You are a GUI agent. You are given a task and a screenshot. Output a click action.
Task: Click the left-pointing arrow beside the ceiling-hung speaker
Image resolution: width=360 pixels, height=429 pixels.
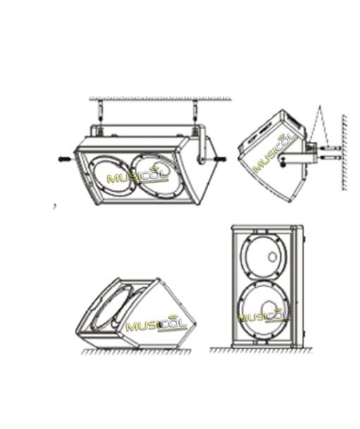click(65, 159)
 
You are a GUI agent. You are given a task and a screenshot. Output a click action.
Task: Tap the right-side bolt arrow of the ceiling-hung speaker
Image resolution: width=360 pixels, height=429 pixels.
click(222, 159)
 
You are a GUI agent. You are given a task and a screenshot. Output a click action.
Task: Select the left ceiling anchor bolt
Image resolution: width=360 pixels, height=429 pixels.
click(100, 111)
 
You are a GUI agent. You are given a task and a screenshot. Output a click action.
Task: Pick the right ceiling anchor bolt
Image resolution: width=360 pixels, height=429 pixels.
click(196, 111)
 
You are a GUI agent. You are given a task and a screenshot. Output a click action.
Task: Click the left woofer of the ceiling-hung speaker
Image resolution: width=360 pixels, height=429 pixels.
click(112, 176)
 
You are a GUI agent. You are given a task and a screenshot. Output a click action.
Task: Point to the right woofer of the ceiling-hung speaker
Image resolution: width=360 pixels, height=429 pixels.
click(156, 176)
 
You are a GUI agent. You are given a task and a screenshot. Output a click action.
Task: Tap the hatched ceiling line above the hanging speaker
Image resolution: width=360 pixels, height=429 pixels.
click(160, 99)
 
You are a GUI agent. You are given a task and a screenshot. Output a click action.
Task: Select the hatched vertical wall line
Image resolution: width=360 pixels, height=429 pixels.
click(344, 152)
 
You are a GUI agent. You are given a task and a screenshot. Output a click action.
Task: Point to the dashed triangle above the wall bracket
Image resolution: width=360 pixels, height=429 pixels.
click(319, 126)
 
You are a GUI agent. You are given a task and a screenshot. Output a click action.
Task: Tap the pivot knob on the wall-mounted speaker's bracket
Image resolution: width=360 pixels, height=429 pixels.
click(283, 162)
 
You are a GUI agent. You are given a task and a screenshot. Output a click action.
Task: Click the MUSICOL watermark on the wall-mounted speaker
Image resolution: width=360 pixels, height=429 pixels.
click(275, 152)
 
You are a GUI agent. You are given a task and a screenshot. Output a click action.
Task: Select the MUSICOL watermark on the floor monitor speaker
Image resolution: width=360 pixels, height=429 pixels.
click(157, 323)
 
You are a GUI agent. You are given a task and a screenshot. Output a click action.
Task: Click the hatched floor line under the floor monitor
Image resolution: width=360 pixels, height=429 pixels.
click(136, 352)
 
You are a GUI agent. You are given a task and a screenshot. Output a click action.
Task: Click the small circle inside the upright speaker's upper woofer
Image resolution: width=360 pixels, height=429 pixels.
click(272, 257)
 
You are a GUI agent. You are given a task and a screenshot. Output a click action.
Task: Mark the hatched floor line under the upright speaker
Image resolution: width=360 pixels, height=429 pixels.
click(261, 351)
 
